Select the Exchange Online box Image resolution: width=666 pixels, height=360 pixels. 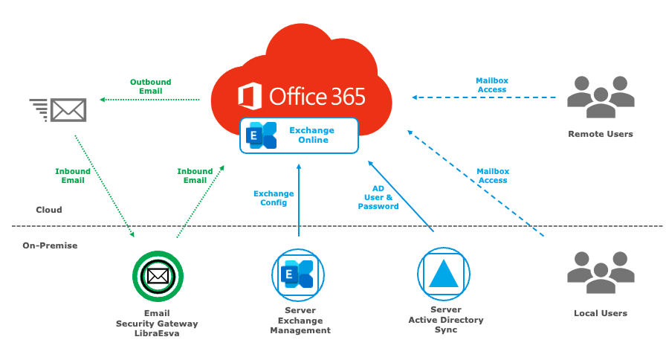click(299, 135)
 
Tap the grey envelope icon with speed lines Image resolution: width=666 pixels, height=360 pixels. click(58, 110)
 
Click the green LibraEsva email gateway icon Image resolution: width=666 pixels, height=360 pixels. click(158, 276)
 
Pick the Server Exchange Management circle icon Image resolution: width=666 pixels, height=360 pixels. click(298, 275)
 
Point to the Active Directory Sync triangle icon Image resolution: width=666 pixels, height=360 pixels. click(444, 274)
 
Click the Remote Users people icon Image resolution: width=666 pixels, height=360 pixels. click(601, 97)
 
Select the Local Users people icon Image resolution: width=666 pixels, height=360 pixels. click(601, 272)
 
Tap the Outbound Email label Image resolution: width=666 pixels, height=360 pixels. click(151, 86)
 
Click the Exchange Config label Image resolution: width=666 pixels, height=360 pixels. click(274, 198)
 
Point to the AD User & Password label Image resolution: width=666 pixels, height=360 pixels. click(378, 197)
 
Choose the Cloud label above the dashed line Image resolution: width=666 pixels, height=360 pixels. click(49, 210)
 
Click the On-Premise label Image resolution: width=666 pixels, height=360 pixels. click(50, 245)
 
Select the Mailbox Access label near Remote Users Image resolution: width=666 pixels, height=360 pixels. click(492, 85)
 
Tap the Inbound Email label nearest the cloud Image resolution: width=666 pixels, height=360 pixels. click(195, 176)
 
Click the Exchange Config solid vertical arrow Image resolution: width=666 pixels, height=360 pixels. click(299, 200)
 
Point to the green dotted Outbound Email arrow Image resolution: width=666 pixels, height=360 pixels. click(149, 100)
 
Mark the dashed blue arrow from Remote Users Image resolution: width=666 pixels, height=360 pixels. click(484, 97)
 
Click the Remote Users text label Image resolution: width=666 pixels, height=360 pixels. click(601, 134)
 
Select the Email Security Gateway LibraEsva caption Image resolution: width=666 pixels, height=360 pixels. click(157, 324)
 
